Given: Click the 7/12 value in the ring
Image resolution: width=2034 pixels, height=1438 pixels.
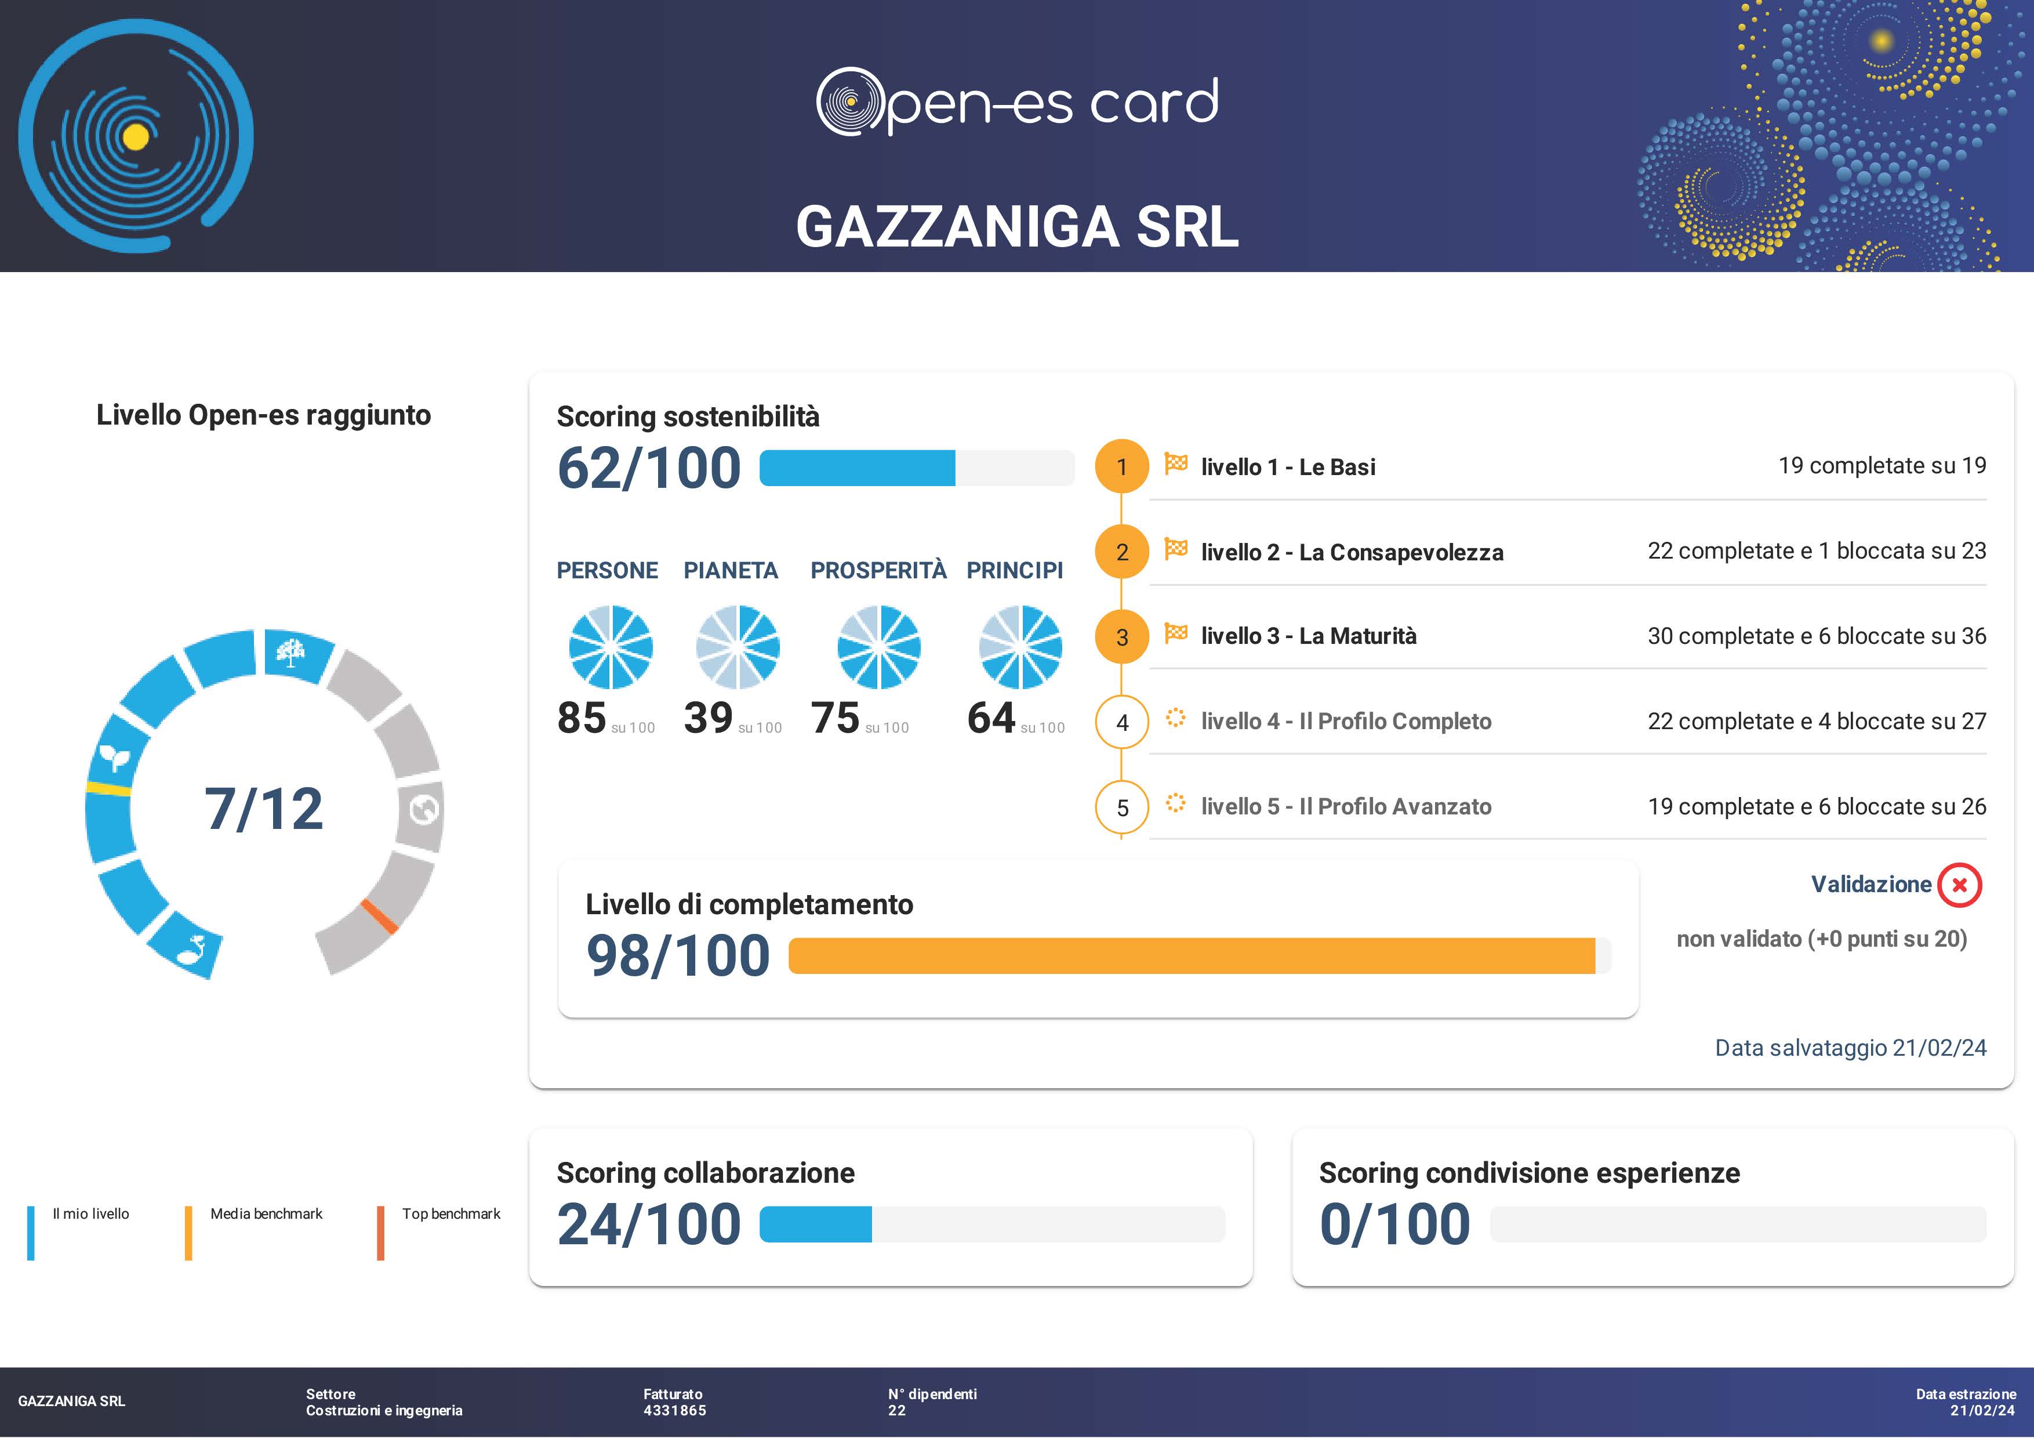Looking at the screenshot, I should point(264,809).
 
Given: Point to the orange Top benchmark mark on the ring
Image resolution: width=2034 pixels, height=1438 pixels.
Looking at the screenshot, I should point(379,916).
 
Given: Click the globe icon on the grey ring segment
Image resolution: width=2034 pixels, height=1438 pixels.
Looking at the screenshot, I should point(423,809).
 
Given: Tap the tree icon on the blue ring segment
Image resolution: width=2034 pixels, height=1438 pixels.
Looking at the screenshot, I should point(290,654).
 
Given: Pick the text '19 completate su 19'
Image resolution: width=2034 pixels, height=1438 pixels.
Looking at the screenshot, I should point(1882,465).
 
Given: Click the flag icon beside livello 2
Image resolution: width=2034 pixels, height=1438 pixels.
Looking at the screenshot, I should point(1175,549).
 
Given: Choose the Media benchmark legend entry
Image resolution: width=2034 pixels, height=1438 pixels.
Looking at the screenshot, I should point(266,1214).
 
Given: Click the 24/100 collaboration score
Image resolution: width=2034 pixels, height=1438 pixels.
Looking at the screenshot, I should point(648,1225).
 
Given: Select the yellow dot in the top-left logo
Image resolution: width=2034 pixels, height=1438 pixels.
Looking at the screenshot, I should point(136,136).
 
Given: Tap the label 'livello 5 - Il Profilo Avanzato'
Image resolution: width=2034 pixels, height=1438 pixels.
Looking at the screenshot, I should point(1346,806).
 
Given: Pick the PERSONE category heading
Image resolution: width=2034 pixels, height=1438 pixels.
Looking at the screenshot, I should point(607,571).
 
